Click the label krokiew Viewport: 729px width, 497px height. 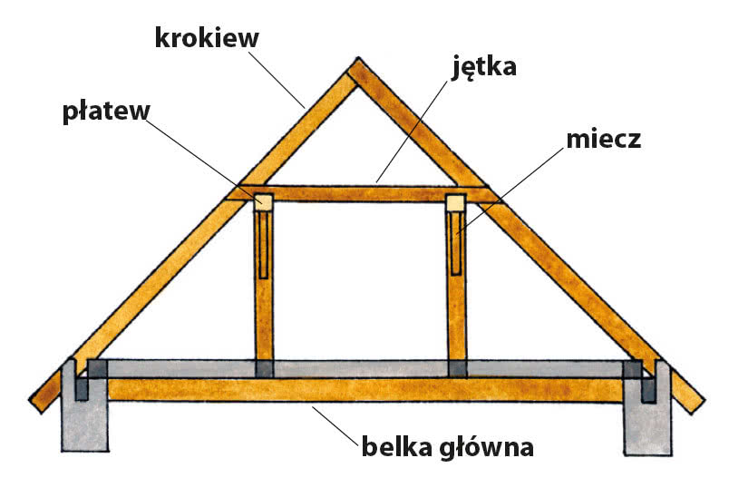[x=207, y=38]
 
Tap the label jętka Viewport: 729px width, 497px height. [x=483, y=68]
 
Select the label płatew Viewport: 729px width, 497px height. [x=106, y=112]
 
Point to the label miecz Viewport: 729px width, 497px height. [x=604, y=139]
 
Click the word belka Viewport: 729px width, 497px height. [x=392, y=447]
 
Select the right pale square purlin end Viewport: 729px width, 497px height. [x=455, y=203]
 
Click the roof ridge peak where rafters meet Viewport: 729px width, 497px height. [x=357, y=59]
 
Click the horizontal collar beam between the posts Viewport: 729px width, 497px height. [x=359, y=194]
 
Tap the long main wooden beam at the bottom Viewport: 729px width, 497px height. [x=365, y=390]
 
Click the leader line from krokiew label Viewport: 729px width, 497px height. [x=277, y=80]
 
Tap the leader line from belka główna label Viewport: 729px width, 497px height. [x=335, y=426]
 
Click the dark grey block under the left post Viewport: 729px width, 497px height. [x=264, y=369]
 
